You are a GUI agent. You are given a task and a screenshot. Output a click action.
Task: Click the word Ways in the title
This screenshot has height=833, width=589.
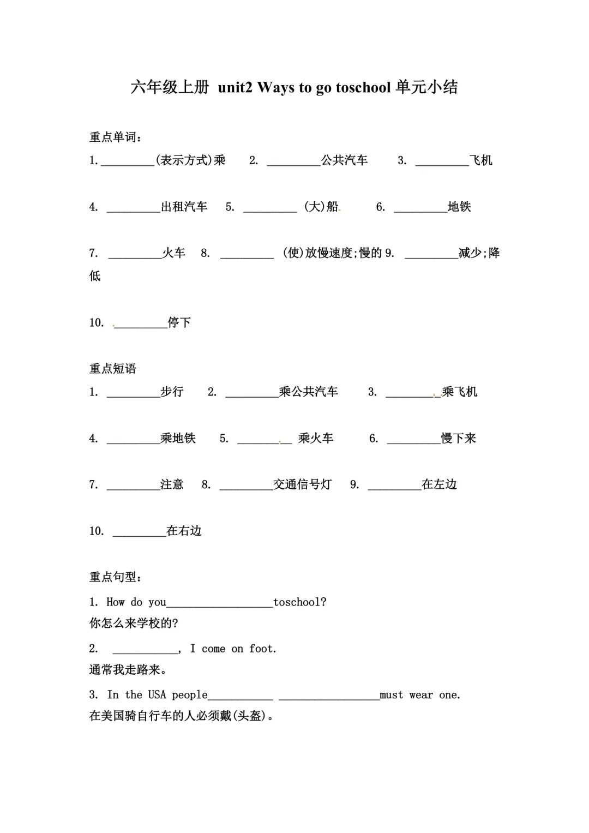tap(275, 87)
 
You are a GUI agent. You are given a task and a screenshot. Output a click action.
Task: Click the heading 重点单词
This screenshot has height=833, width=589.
tap(113, 137)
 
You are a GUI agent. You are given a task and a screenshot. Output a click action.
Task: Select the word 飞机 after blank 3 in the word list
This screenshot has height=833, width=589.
tap(481, 160)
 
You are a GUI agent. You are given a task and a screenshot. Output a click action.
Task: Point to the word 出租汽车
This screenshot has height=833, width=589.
tap(184, 207)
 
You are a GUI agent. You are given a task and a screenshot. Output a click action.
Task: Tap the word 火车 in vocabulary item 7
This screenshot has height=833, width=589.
tap(174, 253)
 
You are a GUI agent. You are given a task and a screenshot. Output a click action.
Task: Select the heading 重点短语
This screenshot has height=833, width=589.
tap(113, 369)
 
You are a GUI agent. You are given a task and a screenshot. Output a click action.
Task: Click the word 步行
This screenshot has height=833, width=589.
tap(172, 392)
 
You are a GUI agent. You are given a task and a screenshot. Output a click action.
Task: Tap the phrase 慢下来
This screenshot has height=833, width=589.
tap(459, 438)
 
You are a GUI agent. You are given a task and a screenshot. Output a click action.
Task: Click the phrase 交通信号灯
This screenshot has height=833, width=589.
tap(302, 484)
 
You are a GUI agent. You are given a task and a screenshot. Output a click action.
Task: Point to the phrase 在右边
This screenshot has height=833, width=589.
tap(184, 531)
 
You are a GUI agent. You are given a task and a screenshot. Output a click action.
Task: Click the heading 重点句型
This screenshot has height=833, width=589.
tap(113, 577)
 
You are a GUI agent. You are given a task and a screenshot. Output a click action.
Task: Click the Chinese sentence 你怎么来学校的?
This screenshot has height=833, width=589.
tap(134, 623)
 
